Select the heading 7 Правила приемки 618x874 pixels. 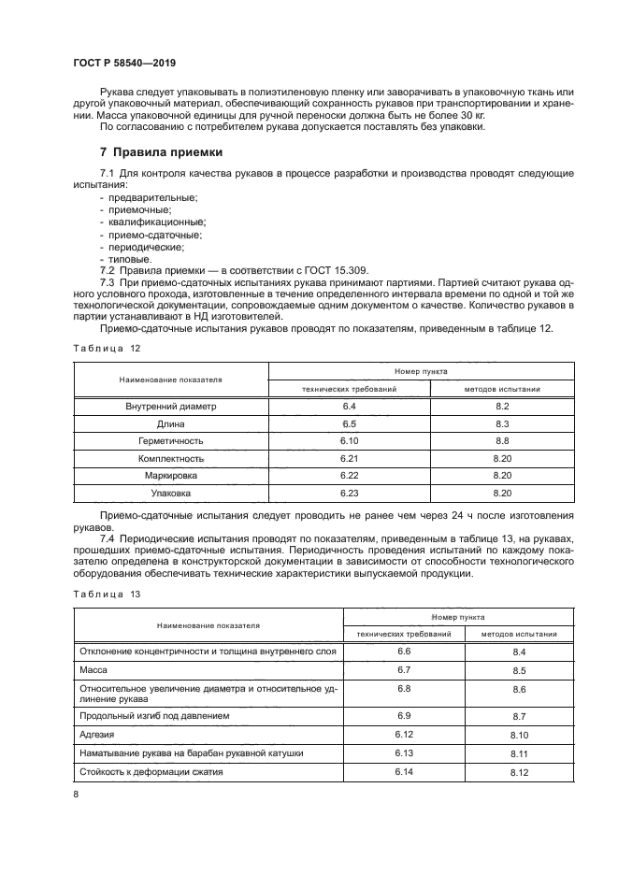pyautogui.click(x=161, y=151)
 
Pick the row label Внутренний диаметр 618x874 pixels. pyautogui.click(x=170, y=407)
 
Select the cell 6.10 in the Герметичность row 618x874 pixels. pyautogui.click(x=350, y=440)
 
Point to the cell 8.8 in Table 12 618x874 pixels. pyautogui.click(x=501, y=440)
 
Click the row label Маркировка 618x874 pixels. pyautogui.click(x=170, y=475)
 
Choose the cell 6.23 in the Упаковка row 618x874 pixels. pyautogui.click(x=350, y=492)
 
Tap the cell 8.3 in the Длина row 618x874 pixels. pyautogui.click(x=501, y=423)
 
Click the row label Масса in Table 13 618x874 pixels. pyautogui.click(x=96, y=670)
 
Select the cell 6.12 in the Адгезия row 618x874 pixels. pyautogui.click(x=404, y=735)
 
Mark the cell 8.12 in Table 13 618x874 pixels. pyautogui.click(x=520, y=772)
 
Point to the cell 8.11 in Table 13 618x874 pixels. pyautogui.click(x=520, y=753)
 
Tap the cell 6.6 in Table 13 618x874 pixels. pyautogui.click(x=404, y=650)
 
